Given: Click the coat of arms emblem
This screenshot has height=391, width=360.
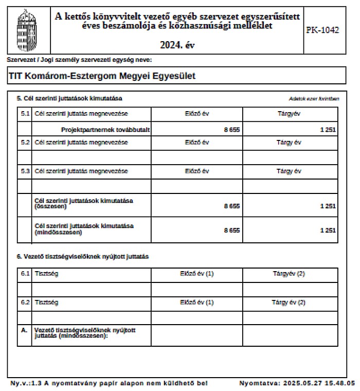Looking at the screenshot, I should [x=27, y=29].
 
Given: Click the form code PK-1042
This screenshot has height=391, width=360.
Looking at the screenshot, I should [x=322, y=30].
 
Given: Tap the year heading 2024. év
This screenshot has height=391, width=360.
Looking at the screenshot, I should [x=177, y=45].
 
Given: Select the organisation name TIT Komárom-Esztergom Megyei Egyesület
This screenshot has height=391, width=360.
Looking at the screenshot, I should [x=102, y=76].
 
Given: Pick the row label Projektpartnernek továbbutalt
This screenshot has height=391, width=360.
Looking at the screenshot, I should [x=105, y=130].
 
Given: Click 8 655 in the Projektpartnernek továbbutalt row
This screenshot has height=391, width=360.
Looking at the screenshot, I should [x=231, y=130].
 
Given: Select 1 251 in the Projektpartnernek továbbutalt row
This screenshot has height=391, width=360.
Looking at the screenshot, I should [x=327, y=130].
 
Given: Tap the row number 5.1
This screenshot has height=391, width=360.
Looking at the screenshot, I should [x=25, y=113].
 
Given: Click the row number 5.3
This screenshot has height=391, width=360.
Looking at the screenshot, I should [x=25, y=171].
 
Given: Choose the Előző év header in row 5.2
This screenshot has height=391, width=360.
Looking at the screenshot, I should [x=197, y=142].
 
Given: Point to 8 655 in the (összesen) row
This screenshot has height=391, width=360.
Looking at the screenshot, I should [x=231, y=206].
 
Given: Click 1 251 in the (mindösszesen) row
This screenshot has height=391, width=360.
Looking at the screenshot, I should [x=327, y=230].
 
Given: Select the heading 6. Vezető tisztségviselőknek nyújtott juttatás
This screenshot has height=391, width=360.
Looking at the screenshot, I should [x=83, y=256].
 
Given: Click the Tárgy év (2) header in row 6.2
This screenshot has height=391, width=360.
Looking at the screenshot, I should [x=289, y=303].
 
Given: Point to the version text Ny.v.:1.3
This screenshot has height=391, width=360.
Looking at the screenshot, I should [x=26, y=383].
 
